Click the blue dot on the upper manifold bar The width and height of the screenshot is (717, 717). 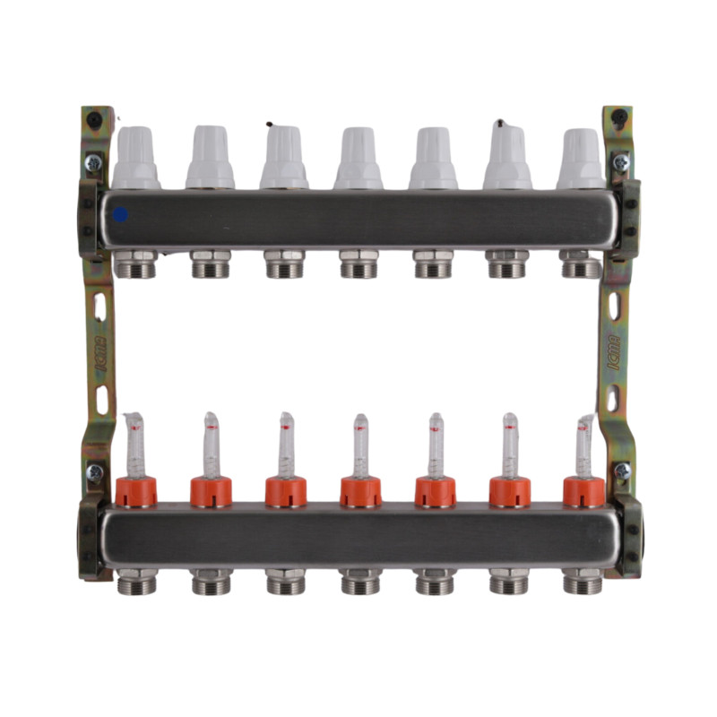tap(120, 215)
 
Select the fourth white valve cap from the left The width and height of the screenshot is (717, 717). tap(358, 159)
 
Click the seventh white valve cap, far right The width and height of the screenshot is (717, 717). tap(581, 159)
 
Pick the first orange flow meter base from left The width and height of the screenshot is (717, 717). tap(136, 491)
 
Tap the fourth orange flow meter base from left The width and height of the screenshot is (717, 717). tap(360, 491)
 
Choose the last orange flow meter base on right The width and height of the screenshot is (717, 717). tap(583, 491)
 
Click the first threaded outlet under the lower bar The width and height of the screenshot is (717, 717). tap(136, 582)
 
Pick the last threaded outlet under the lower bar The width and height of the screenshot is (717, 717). tap(583, 582)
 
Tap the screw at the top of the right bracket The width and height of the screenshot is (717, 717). tap(619, 161)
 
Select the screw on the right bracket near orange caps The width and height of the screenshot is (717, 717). tap(622, 471)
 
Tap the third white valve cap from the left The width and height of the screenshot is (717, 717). tap(284, 159)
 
